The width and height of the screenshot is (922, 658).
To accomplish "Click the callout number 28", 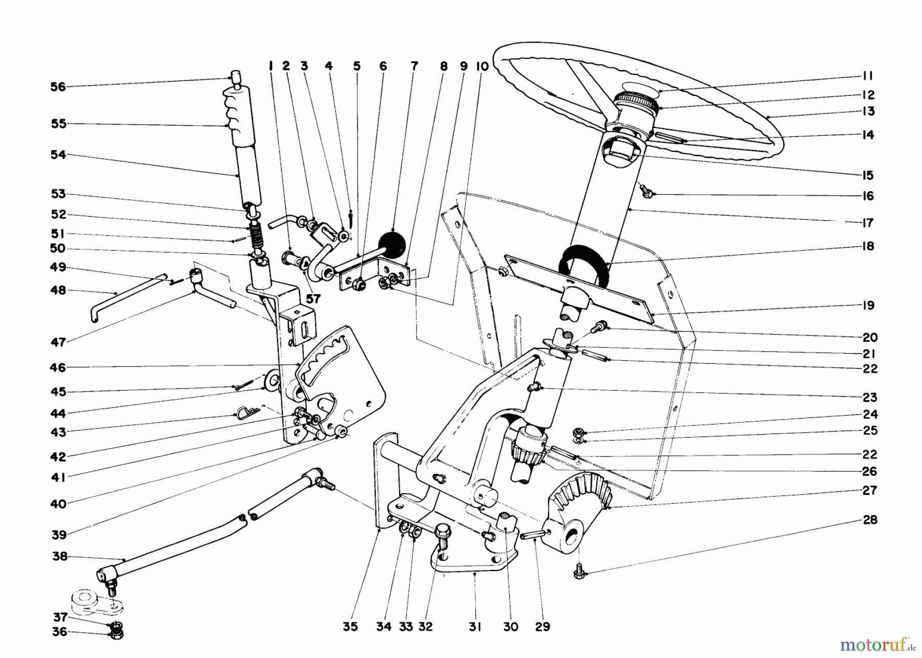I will [x=870, y=520].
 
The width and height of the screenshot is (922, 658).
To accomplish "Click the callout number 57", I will [x=313, y=298].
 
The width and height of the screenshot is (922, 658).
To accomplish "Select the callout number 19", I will [x=868, y=305].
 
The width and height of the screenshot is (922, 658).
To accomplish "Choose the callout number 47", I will [x=58, y=342].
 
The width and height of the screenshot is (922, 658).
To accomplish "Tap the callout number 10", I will [x=482, y=66].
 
